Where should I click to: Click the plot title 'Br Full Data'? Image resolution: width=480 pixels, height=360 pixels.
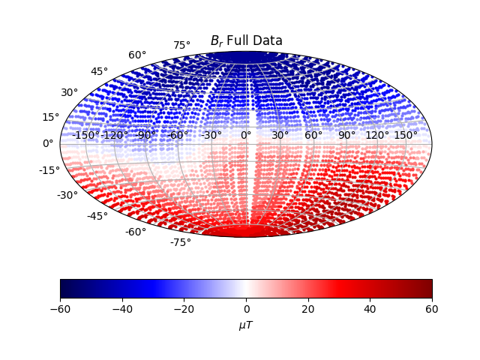pos(246,40)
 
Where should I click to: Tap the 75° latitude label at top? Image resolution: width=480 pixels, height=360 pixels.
pos(181,46)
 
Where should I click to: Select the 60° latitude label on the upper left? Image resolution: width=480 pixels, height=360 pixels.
pos(137,55)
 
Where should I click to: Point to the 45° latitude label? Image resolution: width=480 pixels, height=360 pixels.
pos(99,71)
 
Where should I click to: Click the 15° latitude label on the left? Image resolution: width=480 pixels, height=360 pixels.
pos(50,117)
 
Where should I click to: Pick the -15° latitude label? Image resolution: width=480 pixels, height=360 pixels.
pos(49,170)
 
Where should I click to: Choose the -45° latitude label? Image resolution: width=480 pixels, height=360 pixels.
pos(97,216)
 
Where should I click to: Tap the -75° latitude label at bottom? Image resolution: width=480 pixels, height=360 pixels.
pos(180,242)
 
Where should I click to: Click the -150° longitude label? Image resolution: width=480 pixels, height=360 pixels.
pos(86,135)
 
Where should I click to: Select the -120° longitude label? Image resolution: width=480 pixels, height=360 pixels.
pos(115,135)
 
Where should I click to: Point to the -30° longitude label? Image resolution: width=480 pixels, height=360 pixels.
pos(212,135)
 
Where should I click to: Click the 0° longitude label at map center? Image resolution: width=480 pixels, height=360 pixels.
pos(246,135)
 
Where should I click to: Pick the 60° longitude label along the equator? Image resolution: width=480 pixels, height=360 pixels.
pos(313,135)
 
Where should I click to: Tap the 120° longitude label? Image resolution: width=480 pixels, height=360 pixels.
pos(377,135)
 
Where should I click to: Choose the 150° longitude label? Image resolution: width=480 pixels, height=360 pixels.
pos(406,135)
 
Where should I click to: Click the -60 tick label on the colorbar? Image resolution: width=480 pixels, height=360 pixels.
pos(60,309)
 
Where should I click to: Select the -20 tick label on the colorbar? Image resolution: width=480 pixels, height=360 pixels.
pos(184,309)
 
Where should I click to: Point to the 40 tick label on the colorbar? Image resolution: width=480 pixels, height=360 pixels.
pos(370,309)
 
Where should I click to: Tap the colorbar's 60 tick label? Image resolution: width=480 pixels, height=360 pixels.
pos(432,309)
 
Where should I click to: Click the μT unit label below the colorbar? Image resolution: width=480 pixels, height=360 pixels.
pos(246,325)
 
